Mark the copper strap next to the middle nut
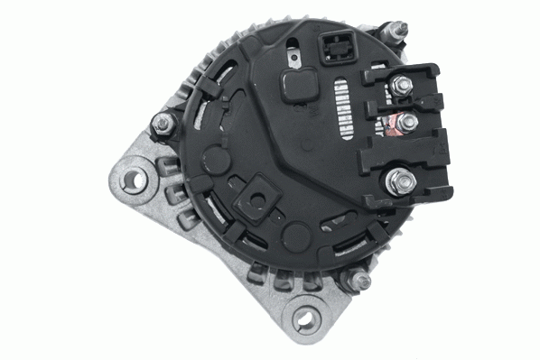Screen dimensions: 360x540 point(392,121)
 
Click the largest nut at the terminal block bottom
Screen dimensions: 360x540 point(400,183)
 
